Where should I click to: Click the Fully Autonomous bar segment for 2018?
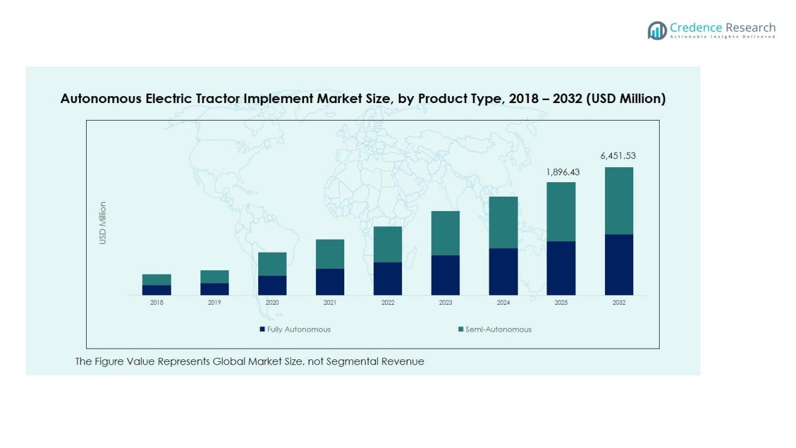click(156, 290)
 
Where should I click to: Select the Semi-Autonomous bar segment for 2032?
click(619, 200)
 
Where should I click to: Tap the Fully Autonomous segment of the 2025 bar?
click(561, 268)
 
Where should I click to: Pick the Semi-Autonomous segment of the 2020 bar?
click(272, 264)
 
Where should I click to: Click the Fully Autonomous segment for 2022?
click(388, 278)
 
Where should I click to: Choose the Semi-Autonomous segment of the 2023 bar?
click(445, 233)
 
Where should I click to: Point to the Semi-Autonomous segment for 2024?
click(503, 222)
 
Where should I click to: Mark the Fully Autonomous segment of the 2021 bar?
click(330, 281)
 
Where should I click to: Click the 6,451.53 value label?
click(618, 156)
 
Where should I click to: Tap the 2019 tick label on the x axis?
click(214, 303)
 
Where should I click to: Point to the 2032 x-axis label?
click(619, 303)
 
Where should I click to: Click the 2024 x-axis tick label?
click(503, 303)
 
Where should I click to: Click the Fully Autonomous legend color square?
click(262, 329)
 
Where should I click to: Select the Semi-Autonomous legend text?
click(498, 329)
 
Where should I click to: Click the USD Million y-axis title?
click(103, 223)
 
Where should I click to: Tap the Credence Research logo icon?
click(657, 30)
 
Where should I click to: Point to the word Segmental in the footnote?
click(353, 361)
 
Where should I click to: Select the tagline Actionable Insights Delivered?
click(722, 37)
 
